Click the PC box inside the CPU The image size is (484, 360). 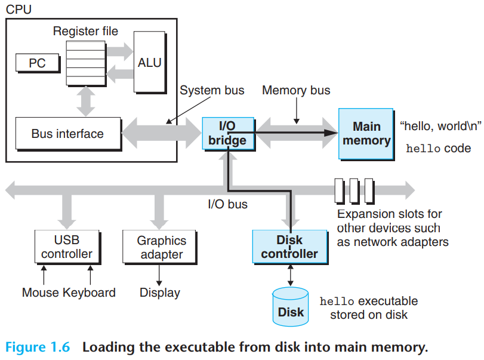38,63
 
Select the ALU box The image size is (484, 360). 150,62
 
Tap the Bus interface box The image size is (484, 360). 68,134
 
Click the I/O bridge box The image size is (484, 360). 228,133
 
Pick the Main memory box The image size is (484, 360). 366,134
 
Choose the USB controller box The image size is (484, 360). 67,247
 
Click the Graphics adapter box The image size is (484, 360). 159,247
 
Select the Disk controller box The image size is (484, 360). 290,247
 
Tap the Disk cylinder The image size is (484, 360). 291,307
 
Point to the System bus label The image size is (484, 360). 212,90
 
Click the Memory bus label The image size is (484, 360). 296,90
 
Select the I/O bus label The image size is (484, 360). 228,204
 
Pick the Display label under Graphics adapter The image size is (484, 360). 159,293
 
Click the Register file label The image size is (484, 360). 85,31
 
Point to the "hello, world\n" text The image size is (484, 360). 440,126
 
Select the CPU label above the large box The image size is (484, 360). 19,10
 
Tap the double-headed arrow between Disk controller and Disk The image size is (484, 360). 290,275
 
